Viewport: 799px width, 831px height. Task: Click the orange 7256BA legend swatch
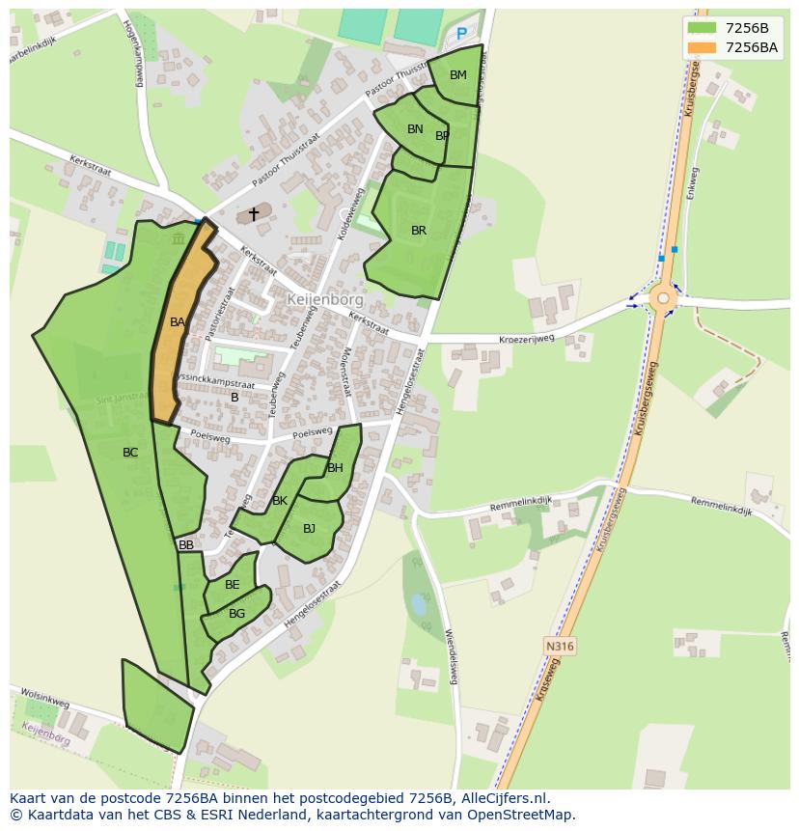[x=703, y=47]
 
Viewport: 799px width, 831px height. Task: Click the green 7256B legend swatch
[x=703, y=28]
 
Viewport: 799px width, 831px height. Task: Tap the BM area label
[x=458, y=75]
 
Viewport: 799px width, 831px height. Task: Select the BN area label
[x=415, y=129]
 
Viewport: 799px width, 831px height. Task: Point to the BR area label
[x=419, y=231]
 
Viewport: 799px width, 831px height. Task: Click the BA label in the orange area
[x=178, y=322]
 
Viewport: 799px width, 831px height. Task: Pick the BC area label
[x=130, y=453]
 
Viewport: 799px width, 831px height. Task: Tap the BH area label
[x=335, y=469]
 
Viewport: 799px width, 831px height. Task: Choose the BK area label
[x=280, y=501]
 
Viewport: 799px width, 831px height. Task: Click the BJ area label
[x=309, y=529]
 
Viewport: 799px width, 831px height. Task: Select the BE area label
[x=233, y=585]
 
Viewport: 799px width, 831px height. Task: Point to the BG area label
[x=236, y=614]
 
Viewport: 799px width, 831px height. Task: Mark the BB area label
[x=186, y=545]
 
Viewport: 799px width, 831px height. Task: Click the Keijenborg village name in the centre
[x=325, y=299]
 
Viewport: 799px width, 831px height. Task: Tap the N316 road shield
[x=559, y=646]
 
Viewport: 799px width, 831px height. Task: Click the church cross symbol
[x=254, y=214]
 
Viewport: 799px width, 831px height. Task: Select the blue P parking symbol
[x=461, y=34]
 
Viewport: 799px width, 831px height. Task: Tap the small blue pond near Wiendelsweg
[x=418, y=604]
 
